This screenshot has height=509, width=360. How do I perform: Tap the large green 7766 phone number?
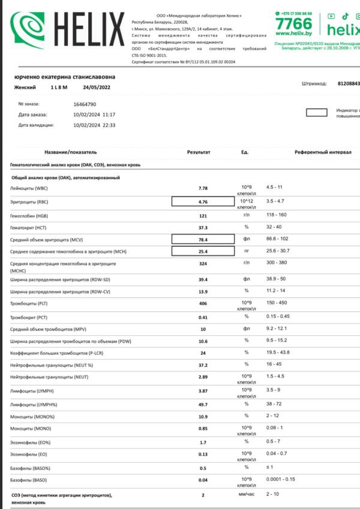tap(294, 25)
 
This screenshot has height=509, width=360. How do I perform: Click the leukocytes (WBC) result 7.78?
tap(203, 188)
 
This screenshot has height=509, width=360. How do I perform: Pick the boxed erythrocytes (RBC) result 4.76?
tap(202, 202)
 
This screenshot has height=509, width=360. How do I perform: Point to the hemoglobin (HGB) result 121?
tap(203, 215)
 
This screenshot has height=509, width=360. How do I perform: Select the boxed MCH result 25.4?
tap(202, 251)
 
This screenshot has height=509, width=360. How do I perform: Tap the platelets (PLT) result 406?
tap(203, 304)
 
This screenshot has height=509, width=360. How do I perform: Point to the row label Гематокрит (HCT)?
tap(28, 228)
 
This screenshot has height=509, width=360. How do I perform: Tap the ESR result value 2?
tap(203, 495)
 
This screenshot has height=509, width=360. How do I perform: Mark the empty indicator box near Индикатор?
tap(316, 112)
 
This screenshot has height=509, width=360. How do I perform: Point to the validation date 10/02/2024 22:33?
tap(94, 125)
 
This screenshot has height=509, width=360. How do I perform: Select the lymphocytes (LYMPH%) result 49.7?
tap(203, 405)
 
